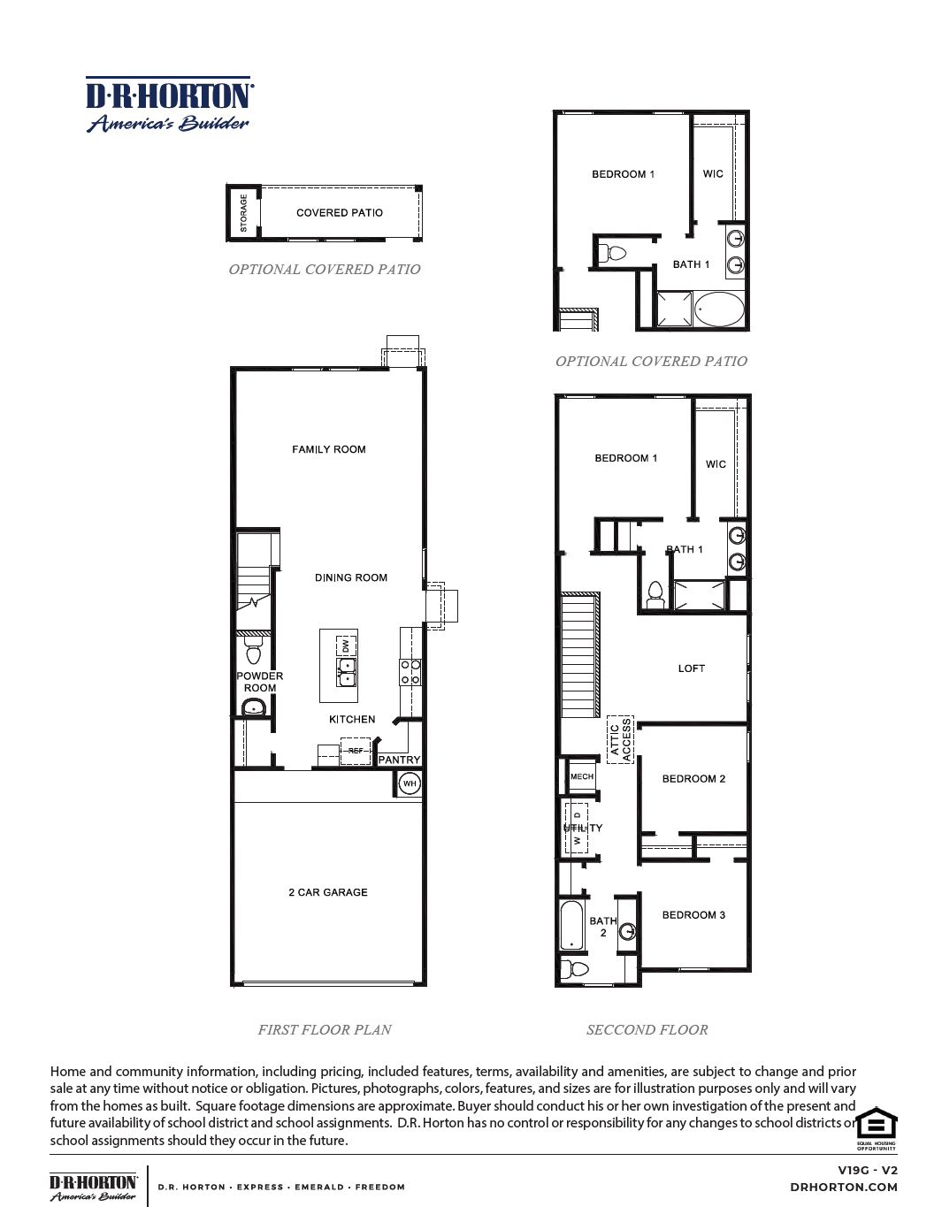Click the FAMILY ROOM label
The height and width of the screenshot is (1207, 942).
[x=329, y=449]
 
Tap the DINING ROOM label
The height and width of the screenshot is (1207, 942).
[x=351, y=577]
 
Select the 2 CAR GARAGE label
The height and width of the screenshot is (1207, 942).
[x=328, y=892]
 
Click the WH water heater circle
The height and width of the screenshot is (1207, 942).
[x=410, y=783]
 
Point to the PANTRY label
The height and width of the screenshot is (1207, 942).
[x=399, y=760]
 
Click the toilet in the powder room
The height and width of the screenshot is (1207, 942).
[x=254, y=653]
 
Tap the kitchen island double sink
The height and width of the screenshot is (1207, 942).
[x=347, y=672]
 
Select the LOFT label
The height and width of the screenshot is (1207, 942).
[x=692, y=668]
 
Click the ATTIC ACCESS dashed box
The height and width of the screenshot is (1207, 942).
[x=620, y=739]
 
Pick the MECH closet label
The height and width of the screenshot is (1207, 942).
[x=582, y=776]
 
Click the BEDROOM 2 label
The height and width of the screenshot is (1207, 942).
[x=693, y=779]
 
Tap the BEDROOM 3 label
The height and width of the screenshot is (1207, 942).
[x=693, y=915]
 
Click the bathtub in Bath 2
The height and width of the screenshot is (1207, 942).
[x=571, y=925]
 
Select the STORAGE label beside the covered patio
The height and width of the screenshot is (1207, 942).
[x=244, y=213]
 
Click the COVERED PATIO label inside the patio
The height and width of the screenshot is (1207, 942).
[x=340, y=213]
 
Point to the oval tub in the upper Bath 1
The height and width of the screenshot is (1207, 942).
[x=719, y=310]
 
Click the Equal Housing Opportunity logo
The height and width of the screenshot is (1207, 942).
[x=876, y=1128]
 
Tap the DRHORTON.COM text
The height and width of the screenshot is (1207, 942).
[x=843, y=1188]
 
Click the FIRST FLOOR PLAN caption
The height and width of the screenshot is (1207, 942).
[x=325, y=1029]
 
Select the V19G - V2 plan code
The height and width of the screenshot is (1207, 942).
[x=867, y=1170]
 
